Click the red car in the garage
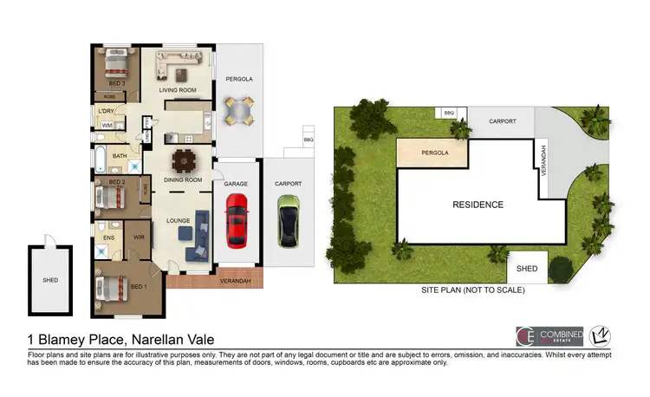[236, 219]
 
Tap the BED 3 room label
[116, 84]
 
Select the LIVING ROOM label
[178, 89]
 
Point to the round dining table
[185, 160]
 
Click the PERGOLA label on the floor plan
[238, 79]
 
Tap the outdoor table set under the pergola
[238, 110]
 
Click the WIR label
[139, 235]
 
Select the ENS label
[108, 235]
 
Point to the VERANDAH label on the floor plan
[234, 280]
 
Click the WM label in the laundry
[107, 127]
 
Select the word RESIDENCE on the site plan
[478, 205]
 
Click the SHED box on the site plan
[527, 269]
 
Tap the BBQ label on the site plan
[449, 113]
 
